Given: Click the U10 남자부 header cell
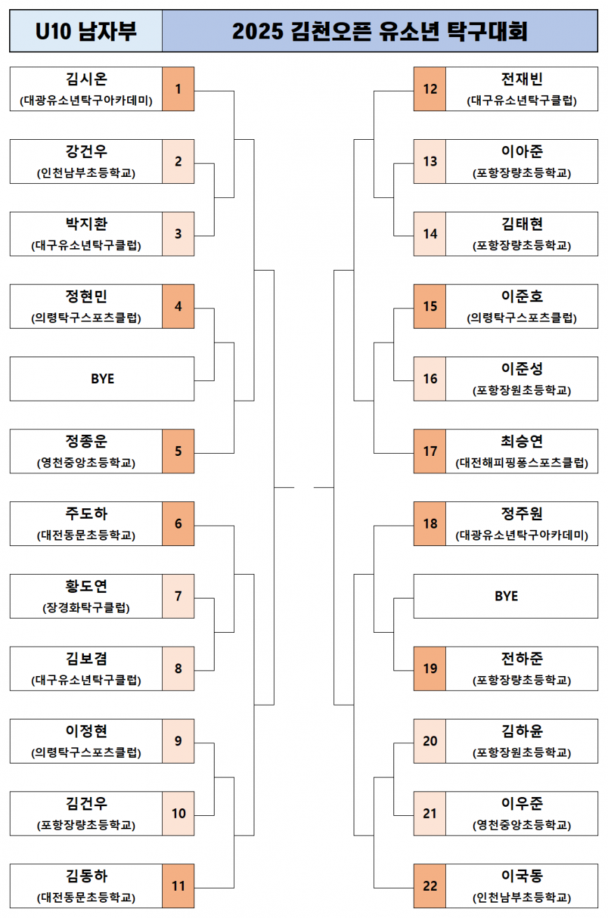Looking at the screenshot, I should (86, 31).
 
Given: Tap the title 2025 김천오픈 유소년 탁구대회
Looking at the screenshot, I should (379, 31).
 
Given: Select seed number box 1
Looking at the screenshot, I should (178, 89).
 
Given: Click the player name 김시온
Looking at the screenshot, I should (87, 79).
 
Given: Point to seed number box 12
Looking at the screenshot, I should (430, 89).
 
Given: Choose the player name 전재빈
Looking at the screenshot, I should (521, 79).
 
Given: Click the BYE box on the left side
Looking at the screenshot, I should (102, 379).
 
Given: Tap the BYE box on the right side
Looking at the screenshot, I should (506, 596).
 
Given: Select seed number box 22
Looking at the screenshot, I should (430, 886).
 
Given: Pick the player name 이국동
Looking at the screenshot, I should (521, 876).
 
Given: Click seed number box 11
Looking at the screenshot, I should (178, 886).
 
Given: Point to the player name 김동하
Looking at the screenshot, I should (87, 876).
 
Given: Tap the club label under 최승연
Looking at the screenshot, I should (521, 463).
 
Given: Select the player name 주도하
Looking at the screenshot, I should (87, 514).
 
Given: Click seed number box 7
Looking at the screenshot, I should (178, 596).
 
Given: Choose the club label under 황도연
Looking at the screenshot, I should (87, 608).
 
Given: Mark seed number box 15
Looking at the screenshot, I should (430, 306).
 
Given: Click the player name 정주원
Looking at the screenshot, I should (521, 514).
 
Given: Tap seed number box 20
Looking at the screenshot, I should (430, 741).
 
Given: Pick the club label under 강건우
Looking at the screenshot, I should (87, 173).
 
